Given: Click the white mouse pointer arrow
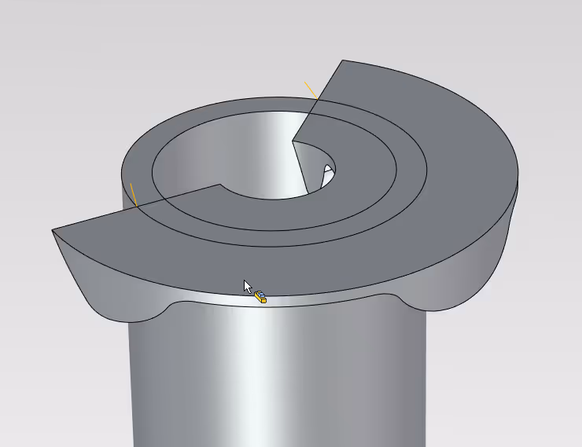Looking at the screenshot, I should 248,286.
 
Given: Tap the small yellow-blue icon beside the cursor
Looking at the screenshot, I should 260,296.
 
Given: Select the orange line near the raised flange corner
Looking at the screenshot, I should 310,88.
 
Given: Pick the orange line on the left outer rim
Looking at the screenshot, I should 133,193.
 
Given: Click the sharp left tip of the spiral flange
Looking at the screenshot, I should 54,230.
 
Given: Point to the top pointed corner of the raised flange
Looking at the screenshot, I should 341,60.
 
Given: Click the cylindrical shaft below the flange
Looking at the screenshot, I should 275,377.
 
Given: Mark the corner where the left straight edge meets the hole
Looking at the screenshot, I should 219,185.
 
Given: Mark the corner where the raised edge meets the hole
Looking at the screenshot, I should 293,141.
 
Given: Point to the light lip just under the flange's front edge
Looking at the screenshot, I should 315,299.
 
